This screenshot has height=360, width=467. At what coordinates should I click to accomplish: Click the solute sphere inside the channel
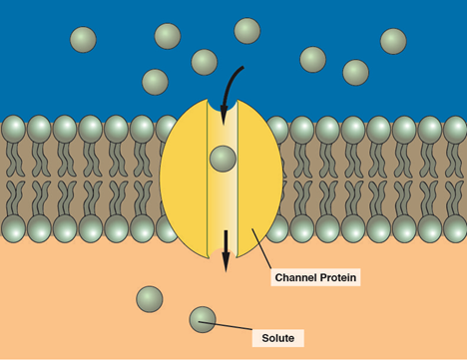pyautogui.click(x=223, y=159)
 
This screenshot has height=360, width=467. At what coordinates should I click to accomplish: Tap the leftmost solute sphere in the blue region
pyautogui.click(x=83, y=40)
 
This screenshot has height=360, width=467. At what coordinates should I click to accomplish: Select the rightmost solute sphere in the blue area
pyautogui.click(x=393, y=41)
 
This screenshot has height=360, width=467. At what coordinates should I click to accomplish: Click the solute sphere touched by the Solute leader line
pyautogui.click(x=203, y=319)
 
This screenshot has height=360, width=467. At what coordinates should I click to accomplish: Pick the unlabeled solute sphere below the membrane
pyautogui.click(x=150, y=298)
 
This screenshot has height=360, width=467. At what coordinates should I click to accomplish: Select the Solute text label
pyautogui.click(x=277, y=338)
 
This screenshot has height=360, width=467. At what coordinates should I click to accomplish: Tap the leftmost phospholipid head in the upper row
pyautogui.click(x=13, y=129)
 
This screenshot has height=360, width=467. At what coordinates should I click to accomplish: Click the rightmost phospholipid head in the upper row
pyautogui.click(x=455, y=129)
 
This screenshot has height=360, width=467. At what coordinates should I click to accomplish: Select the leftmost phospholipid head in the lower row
pyautogui.click(x=13, y=228)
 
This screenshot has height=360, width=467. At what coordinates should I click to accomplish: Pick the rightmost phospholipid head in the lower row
pyautogui.click(x=455, y=228)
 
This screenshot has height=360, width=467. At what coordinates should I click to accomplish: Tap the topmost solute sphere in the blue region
pyautogui.click(x=247, y=31)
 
